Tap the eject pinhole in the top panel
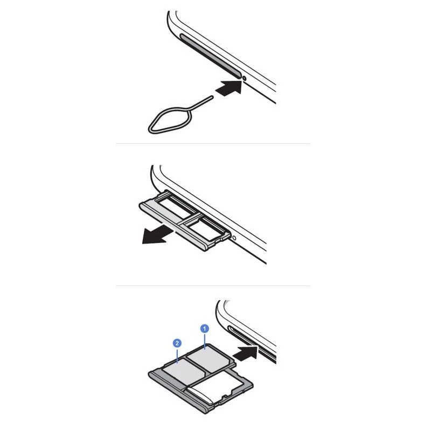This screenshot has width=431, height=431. tap(245, 79)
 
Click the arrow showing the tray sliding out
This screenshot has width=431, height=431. tap(157, 234)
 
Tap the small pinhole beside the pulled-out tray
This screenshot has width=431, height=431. tap(234, 238)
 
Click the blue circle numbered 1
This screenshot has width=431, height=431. tap(205, 329)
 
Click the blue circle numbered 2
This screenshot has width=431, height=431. tap(177, 343)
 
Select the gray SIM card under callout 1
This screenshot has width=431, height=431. tap(210, 359)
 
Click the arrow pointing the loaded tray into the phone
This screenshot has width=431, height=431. tap(247, 353)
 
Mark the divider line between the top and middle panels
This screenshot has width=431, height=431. tap(213, 143)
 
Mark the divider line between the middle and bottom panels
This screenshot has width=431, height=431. tap(213, 286)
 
